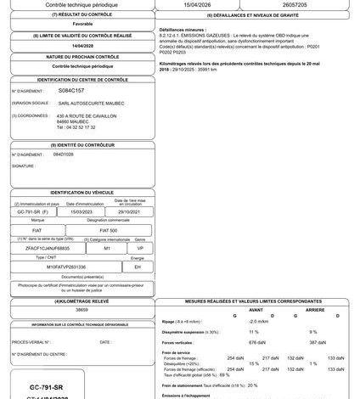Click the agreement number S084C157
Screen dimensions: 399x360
[71, 89]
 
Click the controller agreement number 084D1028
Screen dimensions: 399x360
[65, 155]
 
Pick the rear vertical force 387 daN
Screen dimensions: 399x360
[312, 341]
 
